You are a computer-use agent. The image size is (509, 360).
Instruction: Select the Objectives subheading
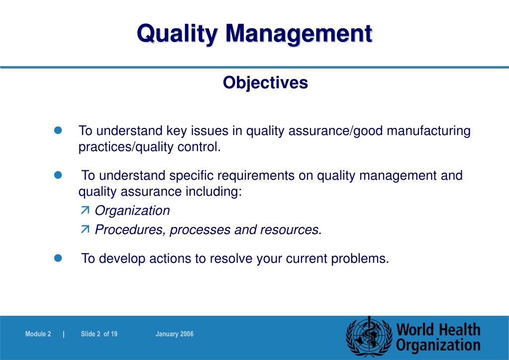tap(265, 83)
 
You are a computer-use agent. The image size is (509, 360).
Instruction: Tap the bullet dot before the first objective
tap(57, 130)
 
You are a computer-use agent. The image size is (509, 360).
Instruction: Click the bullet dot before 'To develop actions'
tap(57, 258)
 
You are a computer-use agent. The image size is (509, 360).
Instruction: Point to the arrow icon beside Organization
tap(85, 211)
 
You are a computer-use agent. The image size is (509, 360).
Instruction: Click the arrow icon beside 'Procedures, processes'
tap(85, 229)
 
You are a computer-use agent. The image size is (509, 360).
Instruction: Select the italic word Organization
tap(132, 211)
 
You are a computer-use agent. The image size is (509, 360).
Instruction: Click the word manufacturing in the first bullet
tap(428, 131)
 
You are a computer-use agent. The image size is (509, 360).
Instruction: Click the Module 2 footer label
tap(38, 334)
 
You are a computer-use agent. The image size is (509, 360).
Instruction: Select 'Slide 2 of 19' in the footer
tap(99, 334)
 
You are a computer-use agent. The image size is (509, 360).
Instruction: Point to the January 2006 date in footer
tap(174, 334)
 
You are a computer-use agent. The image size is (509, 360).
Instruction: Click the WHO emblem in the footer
tap(369, 336)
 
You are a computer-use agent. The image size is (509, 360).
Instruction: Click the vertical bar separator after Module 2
tap(64, 334)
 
